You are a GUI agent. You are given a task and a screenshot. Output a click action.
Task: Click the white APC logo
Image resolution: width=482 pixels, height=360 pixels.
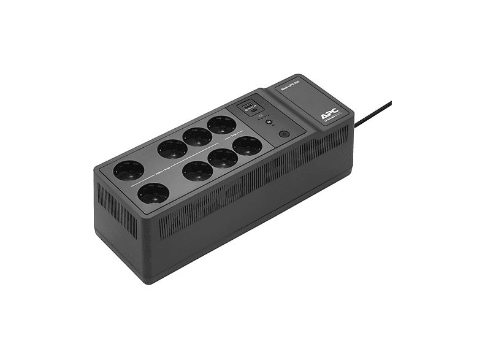point(329,115)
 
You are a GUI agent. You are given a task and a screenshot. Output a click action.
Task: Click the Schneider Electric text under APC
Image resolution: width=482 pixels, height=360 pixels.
point(330,121)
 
